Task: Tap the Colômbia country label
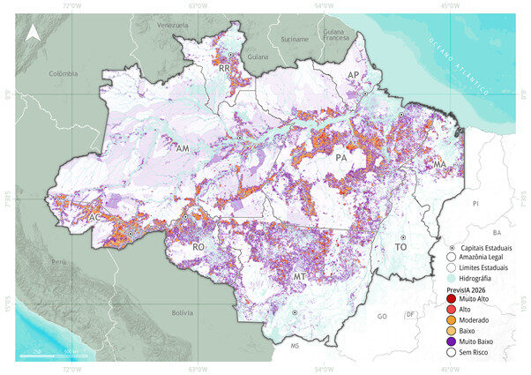tap(64, 74)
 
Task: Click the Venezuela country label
tap(173, 26)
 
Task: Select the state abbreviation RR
tap(225, 68)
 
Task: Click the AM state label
tap(183, 149)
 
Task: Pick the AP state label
tap(353, 77)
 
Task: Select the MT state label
tap(299, 277)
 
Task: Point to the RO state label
tap(198, 249)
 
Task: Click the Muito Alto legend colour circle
tap(450, 302)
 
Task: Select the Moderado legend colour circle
tap(450, 319)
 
